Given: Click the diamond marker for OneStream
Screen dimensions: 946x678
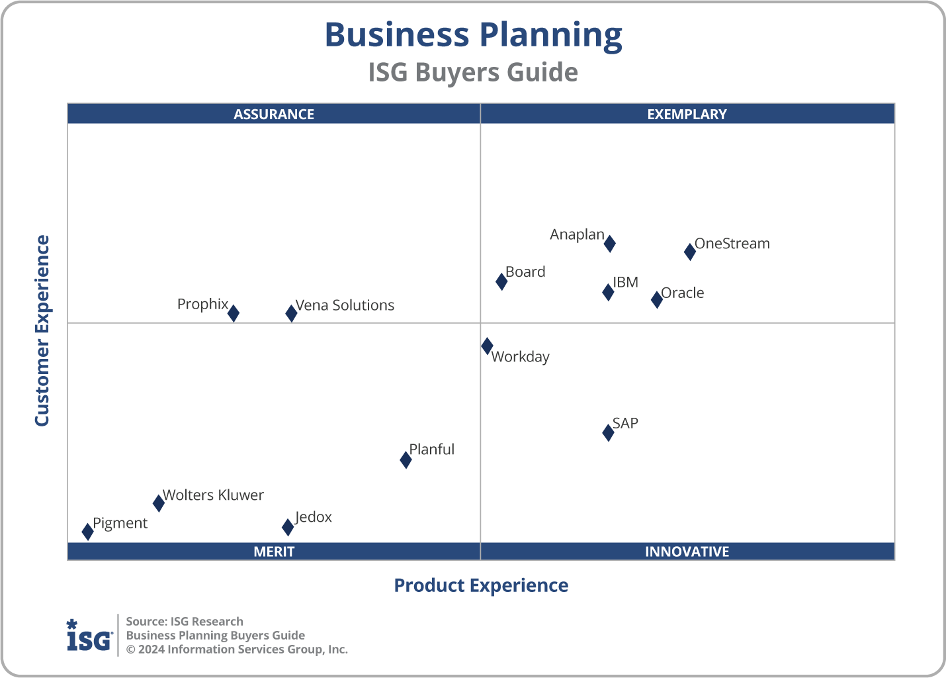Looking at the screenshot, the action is point(689,252).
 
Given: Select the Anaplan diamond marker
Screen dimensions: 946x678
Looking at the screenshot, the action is point(609,244).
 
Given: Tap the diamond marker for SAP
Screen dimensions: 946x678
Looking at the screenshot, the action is point(608,432).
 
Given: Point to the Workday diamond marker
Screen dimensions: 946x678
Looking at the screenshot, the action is point(487,346).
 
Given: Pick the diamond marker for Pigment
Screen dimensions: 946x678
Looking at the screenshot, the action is point(87,531).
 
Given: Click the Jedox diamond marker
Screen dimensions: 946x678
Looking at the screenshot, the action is point(288,527).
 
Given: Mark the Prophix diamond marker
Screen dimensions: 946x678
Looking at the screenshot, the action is point(234,313).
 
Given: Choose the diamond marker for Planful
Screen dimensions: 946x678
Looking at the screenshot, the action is point(406,460).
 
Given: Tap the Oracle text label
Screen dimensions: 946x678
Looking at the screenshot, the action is point(683,293).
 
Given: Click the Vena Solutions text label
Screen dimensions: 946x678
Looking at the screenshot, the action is point(345,305).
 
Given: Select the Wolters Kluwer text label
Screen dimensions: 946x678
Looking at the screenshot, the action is point(213,495).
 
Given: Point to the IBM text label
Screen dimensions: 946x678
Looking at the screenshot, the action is point(625,282).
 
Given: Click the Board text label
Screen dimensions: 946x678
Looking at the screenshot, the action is point(525,271).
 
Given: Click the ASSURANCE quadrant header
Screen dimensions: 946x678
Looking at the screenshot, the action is point(274,114).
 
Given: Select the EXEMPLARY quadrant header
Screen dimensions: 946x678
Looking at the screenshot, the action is point(687,114).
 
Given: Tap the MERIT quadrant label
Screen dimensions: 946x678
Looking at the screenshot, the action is point(274,552).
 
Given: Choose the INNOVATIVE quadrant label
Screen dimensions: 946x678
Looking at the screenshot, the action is point(687,552).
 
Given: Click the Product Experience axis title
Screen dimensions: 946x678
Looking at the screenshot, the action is point(481,585).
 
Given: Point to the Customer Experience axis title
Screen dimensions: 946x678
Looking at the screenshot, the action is point(42,330).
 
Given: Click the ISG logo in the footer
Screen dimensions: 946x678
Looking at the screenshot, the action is point(89,635).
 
